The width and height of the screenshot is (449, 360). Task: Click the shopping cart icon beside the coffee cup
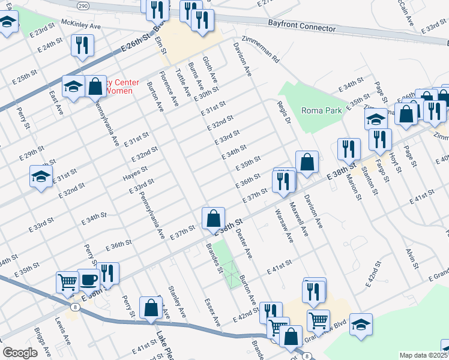point(67,281)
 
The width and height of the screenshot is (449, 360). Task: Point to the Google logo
point(20,353)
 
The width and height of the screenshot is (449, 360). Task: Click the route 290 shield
point(83,4)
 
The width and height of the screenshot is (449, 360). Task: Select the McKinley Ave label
point(81,26)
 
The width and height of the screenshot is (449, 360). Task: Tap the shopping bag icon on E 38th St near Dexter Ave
point(213,218)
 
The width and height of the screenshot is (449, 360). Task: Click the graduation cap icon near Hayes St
point(41,177)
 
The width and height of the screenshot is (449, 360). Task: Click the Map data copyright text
point(423,355)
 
